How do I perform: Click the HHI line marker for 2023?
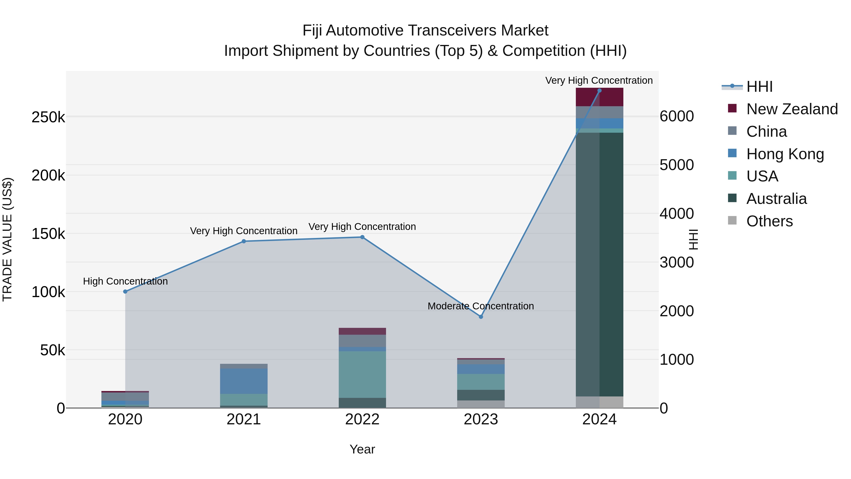coord(481,317)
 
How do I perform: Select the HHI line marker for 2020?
coord(125,292)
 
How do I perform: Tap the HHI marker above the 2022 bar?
coord(362,237)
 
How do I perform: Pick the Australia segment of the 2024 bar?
coord(599,264)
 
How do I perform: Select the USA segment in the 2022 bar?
coord(362,374)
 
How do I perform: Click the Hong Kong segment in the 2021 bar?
coord(243,381)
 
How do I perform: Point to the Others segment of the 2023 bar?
coord(481,404)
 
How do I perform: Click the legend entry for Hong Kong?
coord(785,154)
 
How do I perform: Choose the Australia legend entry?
coord(776,199)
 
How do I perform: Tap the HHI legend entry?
coord(759,87)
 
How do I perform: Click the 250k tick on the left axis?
coord(48,117)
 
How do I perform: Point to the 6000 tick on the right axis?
coord(676,116)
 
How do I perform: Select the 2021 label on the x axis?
coord(243,419)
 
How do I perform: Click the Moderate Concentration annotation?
coord(481,306)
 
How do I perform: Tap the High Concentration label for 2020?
coord(125,281)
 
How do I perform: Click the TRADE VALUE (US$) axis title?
coord(7,239)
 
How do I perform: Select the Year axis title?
coord(362,449)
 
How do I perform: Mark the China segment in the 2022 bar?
coord(362,341)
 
